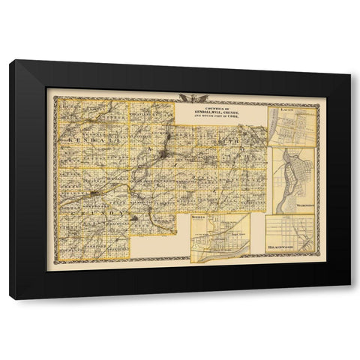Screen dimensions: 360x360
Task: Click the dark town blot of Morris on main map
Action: coord(92,196)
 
